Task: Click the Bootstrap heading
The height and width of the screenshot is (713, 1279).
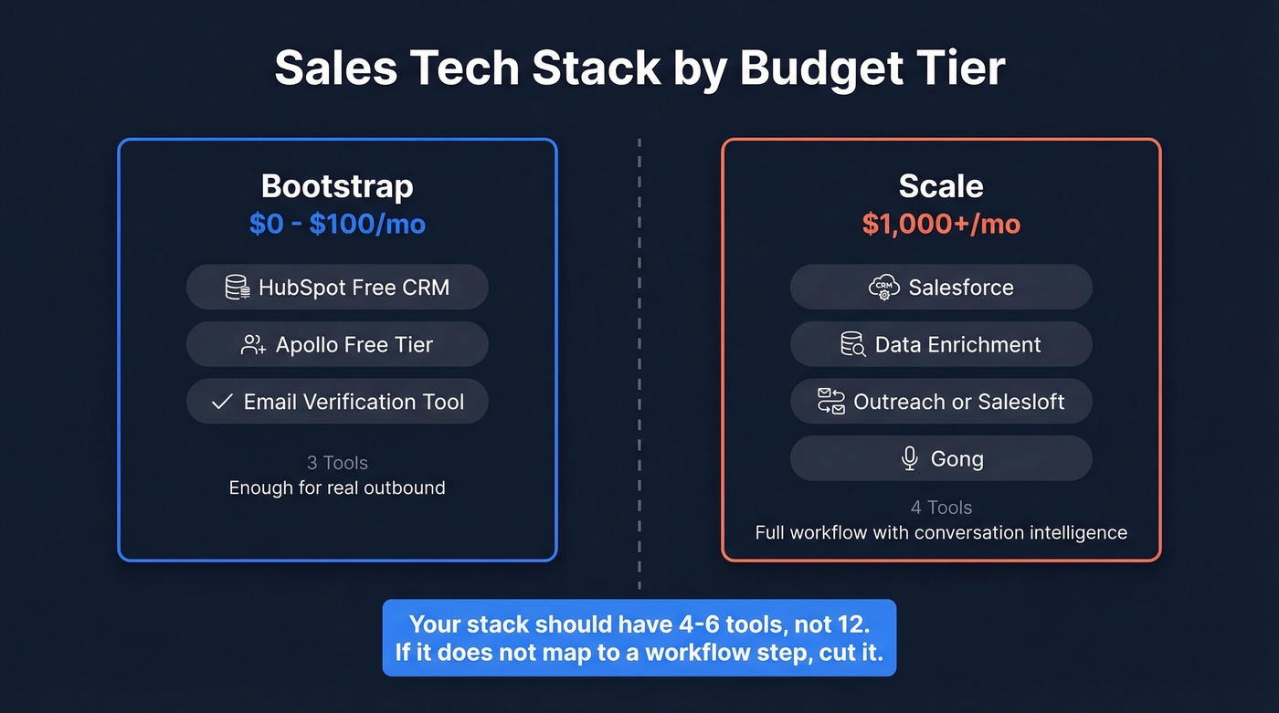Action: click(x=337, y=186)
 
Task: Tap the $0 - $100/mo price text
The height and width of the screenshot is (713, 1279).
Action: click(x=337, y=224)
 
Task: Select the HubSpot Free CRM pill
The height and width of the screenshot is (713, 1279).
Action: click(x=337, y=288)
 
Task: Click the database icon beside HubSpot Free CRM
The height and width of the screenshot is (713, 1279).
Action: click(x=238, y=288)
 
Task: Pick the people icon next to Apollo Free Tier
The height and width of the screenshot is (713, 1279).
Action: click(x=253, y=345)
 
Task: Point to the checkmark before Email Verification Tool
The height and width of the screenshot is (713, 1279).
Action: click(x=222, y=402)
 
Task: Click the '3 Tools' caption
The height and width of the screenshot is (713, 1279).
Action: click(x=337, y=463)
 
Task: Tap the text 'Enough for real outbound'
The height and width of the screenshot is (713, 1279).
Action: click(x=337, y=488)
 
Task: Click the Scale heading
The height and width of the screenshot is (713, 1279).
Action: click(x=941, y=186)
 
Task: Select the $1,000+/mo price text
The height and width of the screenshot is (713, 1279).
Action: click(x=941, y=224)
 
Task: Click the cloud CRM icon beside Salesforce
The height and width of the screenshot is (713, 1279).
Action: click(x=883, y=288)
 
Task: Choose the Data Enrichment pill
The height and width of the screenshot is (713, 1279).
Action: click(x=941, y=345)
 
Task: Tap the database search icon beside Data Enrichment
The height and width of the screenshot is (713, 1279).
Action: click(x=852, y=345)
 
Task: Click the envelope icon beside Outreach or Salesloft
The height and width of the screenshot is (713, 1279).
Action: click(x=831, y=402)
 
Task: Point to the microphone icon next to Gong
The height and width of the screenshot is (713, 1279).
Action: click(x=909, y=458)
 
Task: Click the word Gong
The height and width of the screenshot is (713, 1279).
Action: click(x=957, y=459)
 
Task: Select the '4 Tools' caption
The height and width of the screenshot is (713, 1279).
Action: click(x=941, y=508)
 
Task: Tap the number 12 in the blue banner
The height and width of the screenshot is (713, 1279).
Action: click(x=852, y=624)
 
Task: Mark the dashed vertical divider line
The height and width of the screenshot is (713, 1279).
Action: click(x=639, y=365)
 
